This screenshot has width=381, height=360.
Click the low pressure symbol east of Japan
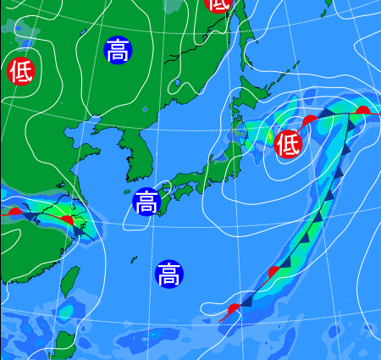(288, 144)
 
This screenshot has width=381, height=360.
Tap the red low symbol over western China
(20, 71)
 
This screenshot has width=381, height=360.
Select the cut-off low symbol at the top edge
(218, 3)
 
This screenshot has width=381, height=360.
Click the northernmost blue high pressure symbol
(118, 51)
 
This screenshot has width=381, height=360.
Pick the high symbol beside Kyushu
(146, 202)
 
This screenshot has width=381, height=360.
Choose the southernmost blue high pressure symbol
(168, 274)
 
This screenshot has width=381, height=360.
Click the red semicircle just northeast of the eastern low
(311, 120)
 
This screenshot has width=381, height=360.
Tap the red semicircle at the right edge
(363, 111)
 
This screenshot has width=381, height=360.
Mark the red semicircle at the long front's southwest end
(234, 309)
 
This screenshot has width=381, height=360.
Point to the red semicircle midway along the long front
(273, 272)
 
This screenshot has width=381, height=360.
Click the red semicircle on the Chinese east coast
(68, 221)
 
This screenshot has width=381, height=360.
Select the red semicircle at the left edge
(14, 211)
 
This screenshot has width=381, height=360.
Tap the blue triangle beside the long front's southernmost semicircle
(246, 300)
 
